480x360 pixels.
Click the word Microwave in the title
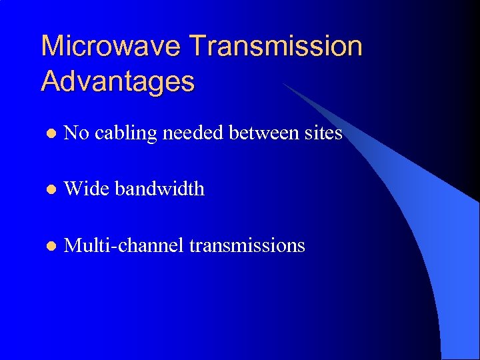pos(111,46)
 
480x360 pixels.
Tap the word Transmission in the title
pos(276,46)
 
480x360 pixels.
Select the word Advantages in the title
pos(118,81)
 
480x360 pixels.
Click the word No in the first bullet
pos(76,133)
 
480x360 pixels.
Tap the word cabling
pos(125,134)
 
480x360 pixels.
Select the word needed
pos(193,133)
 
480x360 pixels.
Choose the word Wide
pos(87,189)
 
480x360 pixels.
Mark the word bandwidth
pos(160,189)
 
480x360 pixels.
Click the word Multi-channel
pos(123,245)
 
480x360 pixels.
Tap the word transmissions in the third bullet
pos(247,245)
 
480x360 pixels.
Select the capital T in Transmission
pos(199,46)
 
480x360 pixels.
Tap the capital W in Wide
pos(73,189)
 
